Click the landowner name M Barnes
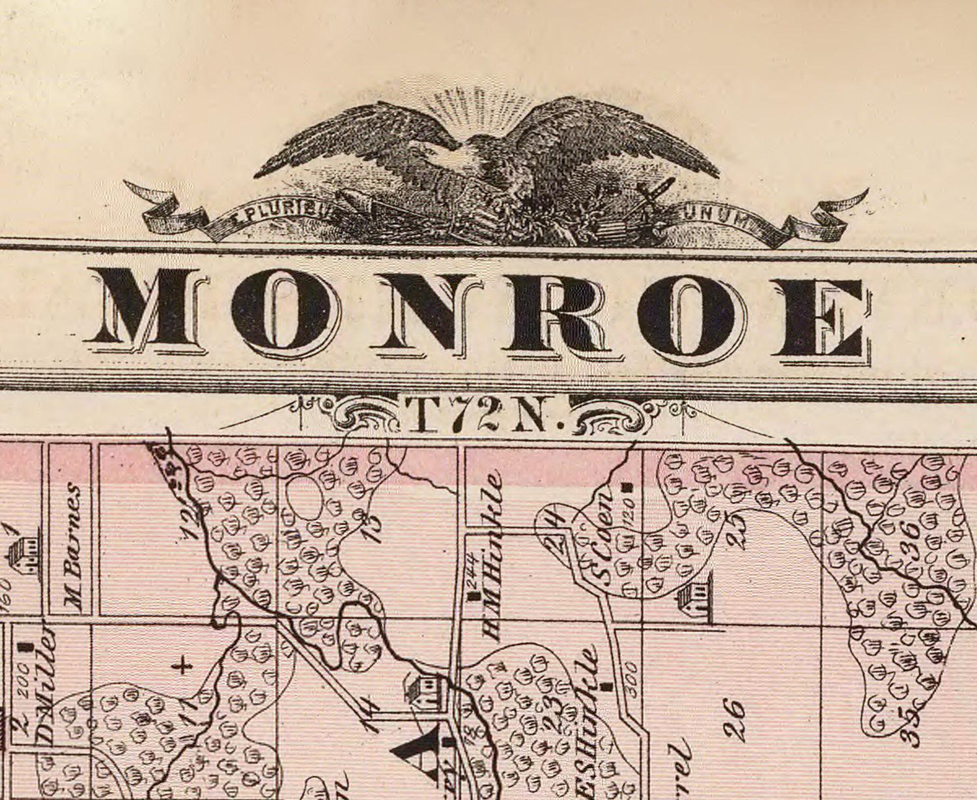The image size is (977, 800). [74, 549]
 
